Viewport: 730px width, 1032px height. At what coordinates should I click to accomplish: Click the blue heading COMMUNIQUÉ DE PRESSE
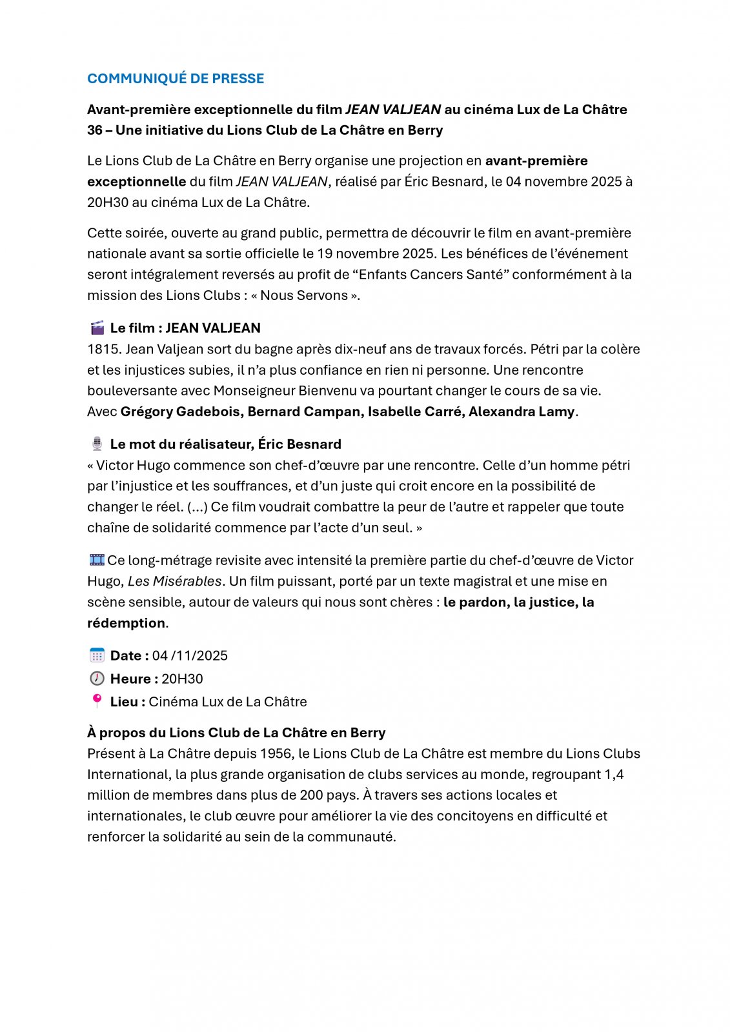[176, 79]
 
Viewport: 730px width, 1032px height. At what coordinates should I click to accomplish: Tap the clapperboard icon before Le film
[97, 328]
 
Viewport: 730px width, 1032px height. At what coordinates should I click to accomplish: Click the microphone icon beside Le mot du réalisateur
[97, 444]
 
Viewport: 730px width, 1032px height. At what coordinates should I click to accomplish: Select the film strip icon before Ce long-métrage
[97, 560]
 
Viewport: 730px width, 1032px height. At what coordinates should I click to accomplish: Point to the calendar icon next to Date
[97, 655]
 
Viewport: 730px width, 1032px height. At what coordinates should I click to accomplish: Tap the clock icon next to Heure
[97, 679]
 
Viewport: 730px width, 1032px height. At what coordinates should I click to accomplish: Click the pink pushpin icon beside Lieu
[97, 701]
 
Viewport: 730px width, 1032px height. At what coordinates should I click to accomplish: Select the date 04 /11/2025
[190, 656]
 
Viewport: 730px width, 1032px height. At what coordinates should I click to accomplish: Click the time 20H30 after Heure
[182, 679]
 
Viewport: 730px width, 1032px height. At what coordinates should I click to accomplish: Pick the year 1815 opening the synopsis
[102, 350]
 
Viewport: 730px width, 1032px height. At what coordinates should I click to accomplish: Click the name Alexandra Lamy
[522, 412]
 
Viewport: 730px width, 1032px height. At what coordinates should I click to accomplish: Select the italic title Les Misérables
[174, 581]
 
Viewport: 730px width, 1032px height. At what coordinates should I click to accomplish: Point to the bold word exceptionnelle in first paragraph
[136, 182]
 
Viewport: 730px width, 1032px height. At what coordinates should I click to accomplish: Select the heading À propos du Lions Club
[236, 733]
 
